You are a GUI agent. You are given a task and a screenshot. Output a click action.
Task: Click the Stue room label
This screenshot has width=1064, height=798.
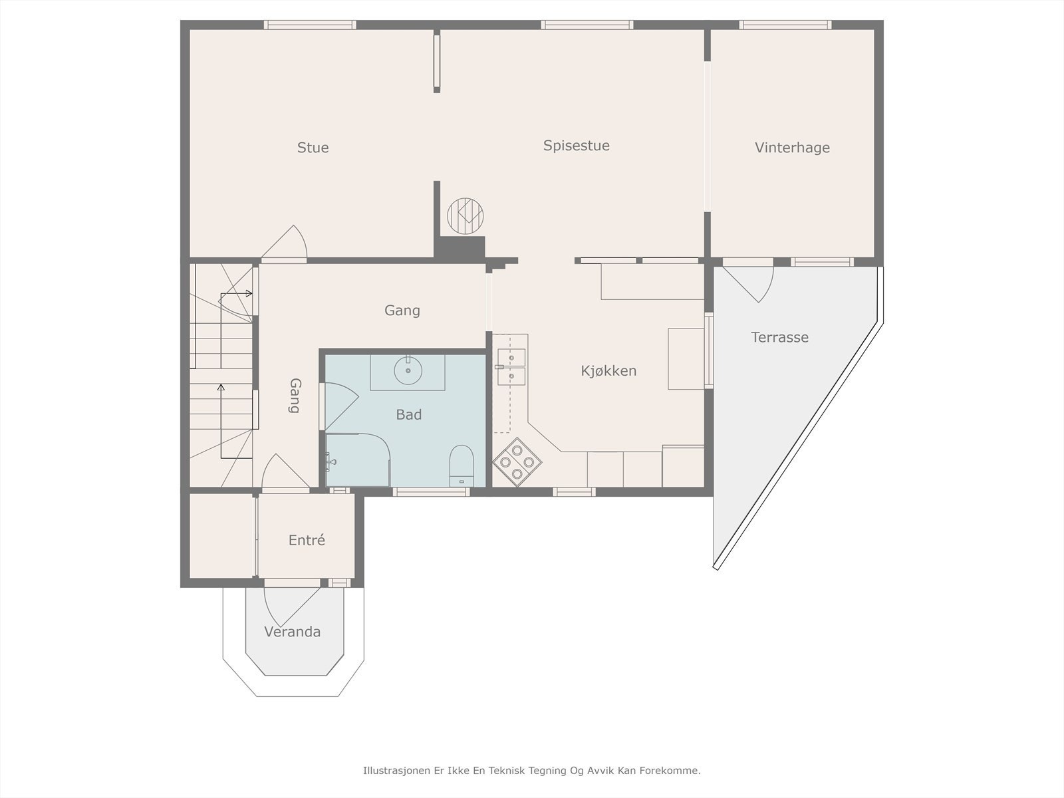tap(313, 147)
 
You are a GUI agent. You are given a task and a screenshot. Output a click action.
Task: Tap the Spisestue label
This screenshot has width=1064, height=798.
tap(577, 146)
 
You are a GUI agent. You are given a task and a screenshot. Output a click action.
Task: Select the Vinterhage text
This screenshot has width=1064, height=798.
tap(792, 147)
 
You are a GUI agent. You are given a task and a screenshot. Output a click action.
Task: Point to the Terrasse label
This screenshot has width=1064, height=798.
tap(779, 337)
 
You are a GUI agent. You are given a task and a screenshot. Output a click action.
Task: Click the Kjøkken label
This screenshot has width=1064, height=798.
tap(608, 370)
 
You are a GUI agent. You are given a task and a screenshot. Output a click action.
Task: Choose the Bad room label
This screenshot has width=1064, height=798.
tap(408, 414)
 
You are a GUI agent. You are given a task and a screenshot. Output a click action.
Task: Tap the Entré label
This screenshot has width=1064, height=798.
tap(307, 540)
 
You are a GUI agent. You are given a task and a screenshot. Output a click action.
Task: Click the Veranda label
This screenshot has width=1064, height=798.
tap(293, 632)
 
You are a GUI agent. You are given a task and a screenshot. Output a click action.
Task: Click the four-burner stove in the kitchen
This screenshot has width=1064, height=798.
tap(517, 462)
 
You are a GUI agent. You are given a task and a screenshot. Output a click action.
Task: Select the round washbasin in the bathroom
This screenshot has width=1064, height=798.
tap(408, 370)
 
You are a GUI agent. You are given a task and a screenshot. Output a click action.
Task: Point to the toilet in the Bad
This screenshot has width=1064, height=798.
tap(462, 465)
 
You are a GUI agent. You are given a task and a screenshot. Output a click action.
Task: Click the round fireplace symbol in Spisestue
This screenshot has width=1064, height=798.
tap(465, 216)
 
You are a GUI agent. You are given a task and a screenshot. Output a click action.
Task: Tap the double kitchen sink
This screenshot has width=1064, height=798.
tap(511, 367)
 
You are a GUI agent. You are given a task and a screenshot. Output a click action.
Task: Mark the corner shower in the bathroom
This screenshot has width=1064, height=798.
tap(358, 460)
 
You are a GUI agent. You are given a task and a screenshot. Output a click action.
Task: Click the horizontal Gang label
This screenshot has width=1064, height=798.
tap(402, 310)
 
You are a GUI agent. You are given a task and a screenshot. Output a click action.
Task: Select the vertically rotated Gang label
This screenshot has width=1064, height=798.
tap(295, 396)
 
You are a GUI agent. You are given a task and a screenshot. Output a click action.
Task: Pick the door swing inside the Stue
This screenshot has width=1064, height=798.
tap(285, 241)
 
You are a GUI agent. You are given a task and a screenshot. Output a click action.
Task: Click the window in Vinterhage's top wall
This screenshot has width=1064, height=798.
tap(785, 25)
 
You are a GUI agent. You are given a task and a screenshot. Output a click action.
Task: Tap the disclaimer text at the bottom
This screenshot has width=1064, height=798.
tap(532, 770)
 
